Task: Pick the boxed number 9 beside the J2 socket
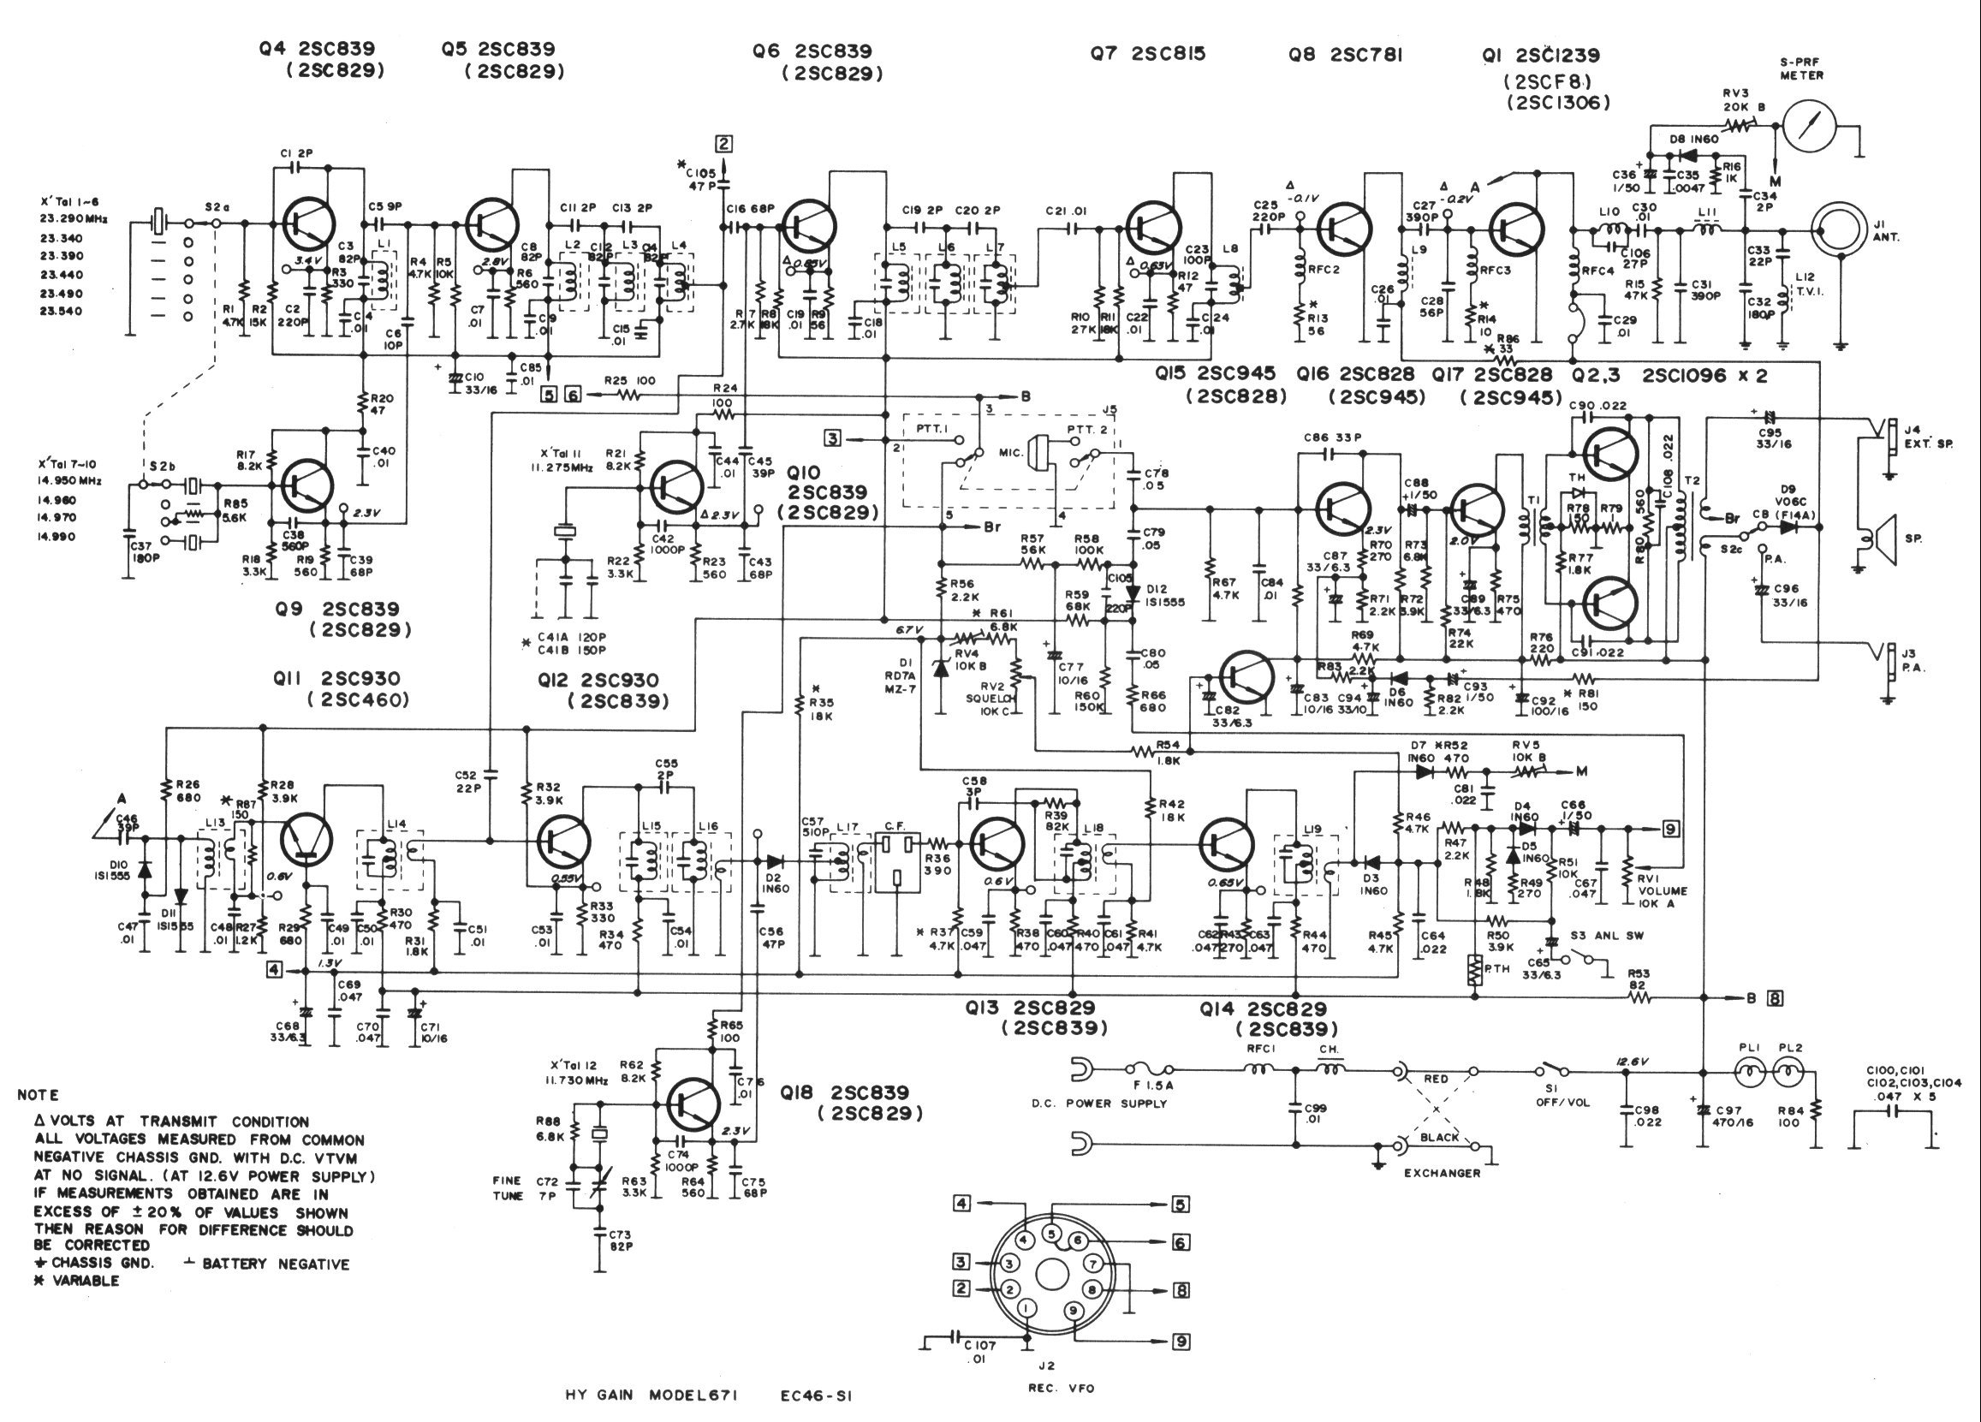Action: [x=1181, y=1342]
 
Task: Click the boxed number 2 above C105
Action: [x=723, y=144]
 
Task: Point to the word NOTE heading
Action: [x=39, y=1095]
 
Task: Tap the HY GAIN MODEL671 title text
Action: [x=651, y=1395]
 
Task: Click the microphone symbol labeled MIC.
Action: [x=1039, y=454]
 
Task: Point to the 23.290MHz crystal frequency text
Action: [x=74, y=219]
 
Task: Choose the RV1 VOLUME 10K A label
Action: [x=1664, y=897]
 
